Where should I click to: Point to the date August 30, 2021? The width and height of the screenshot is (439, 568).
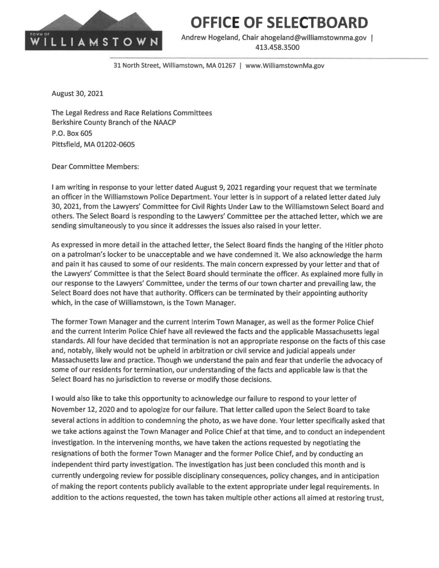coord(77,94)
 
